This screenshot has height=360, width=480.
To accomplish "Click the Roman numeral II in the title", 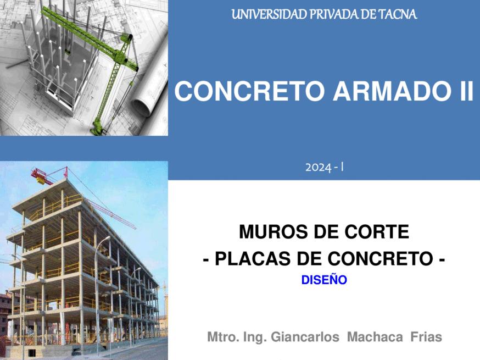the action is click(x=466, y=91).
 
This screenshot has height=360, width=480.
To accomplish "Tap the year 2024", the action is click(x=319, y=168).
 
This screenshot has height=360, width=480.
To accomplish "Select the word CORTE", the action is click(x=377, y=231).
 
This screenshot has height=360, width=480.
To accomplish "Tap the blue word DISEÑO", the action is click(x=324, y=280).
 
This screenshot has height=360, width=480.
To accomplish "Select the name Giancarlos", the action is click(x=305, y=337).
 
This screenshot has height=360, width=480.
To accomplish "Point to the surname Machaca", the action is click(x=375, y=337).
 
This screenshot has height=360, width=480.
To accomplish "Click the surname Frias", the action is click(x=426, y=337).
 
